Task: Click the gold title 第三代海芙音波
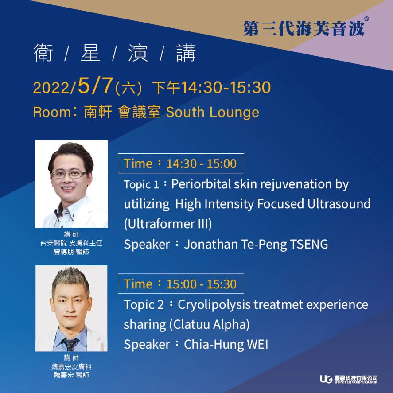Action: [304, 28]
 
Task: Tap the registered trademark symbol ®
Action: [366, 19]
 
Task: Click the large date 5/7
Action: [96, 86]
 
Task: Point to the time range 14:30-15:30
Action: [226, 87]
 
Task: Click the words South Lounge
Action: [212, 112]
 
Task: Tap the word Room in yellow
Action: [52, 112]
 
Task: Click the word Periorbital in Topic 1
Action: [201, 184]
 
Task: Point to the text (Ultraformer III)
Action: [168, 224]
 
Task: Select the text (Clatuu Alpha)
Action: [209, 325]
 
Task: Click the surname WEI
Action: [257, 344]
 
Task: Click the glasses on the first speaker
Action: [70, 174]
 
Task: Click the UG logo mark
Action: [326, 379]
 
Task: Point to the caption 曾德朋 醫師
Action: [71, 252]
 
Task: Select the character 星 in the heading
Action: [90, 53]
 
